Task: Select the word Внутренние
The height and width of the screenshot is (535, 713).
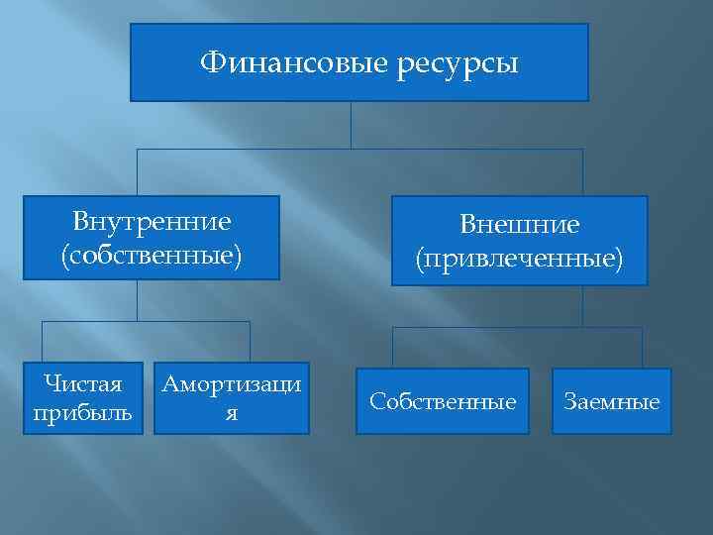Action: click(152, 220)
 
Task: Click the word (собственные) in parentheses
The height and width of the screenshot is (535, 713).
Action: click(152, 255)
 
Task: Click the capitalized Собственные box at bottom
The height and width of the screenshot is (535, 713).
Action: click(443, 401)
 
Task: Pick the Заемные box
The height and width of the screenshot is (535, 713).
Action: click(612, 401)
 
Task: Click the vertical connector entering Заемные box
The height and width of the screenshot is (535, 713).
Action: click(642, 347)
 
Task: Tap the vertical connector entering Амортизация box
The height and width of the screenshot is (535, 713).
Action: click(250, 342)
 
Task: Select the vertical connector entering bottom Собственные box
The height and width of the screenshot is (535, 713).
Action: click(394, 347)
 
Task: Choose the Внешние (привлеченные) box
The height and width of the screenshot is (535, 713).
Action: click(519, 241)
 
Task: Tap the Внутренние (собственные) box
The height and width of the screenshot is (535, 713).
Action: click(152, 238)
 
